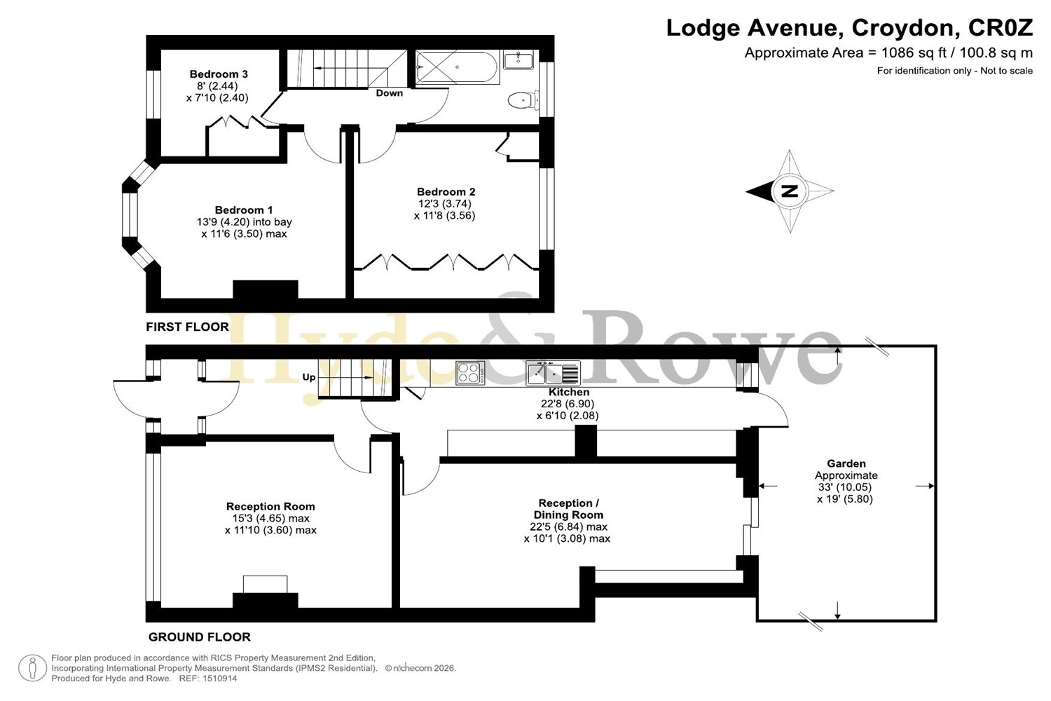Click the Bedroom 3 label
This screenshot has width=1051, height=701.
pyautogui.click(x=219, y=74)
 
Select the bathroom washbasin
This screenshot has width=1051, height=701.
pyautogui.click(x=518, y=61)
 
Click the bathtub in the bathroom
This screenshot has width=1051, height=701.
pyautogui.click(x=457, y=67)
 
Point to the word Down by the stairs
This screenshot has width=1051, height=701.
pyautogui.click(x=390, y=93)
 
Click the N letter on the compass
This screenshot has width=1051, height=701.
pyautogui.click(x=790, y=191)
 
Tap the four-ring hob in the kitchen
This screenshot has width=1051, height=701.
pyautogui.click(x=470, y=373)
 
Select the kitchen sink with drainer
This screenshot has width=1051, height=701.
pyautogui.click(x=554, y=373)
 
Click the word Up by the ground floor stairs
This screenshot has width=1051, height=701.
pyautogui.click(x=309, y=377)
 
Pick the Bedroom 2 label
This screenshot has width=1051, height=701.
pyautogui.click(x=446, y=192)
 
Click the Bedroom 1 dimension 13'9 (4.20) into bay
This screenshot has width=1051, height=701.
pyautogui.click(x=245, y=222)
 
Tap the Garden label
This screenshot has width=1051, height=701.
pyautogui.click(x=846, y=463)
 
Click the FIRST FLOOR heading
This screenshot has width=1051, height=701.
pyautogui.click(x=187, y=327)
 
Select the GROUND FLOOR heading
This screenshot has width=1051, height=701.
pyautogui.click(x=200, y=637)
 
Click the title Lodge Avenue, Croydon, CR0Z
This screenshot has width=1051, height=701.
pyautogui.click(x=850, y=28)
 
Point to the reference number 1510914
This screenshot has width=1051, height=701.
pyautogui.click(x=219, y=679)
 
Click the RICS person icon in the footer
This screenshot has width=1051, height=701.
pyautogui.click(x=32, y=668)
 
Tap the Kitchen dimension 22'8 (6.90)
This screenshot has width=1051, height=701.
pyautogui.click(x=568, y=404)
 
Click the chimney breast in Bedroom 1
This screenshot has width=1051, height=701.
pyautogui.click(x=266, y=290)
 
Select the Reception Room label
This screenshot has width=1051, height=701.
pyautogui.click(x=270, y=507)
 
